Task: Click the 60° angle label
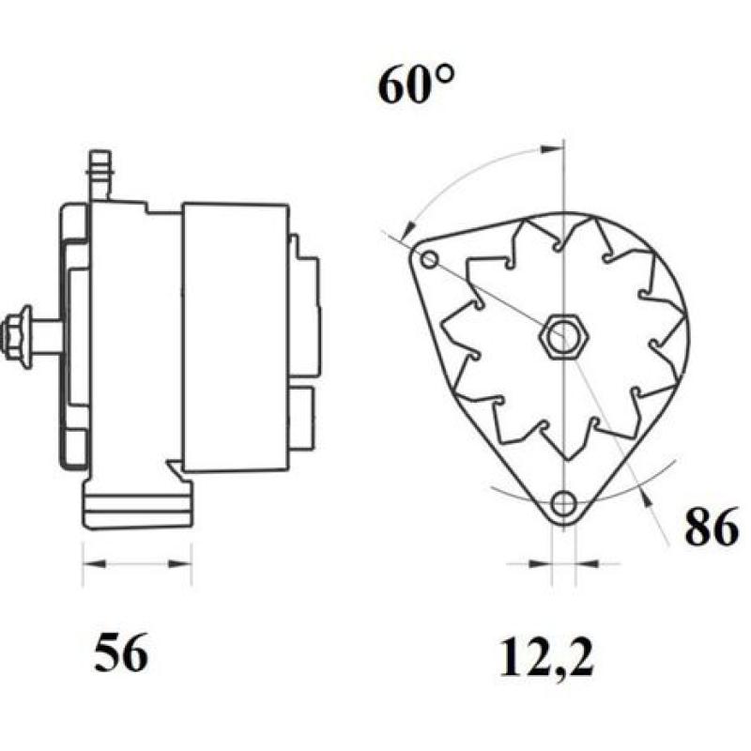[417, 86]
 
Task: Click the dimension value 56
[121, 653]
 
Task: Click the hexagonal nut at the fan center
[563, 336]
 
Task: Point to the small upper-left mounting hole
[430, 259]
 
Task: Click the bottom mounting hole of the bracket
[563, 503]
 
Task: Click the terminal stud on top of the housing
[98, 174]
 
